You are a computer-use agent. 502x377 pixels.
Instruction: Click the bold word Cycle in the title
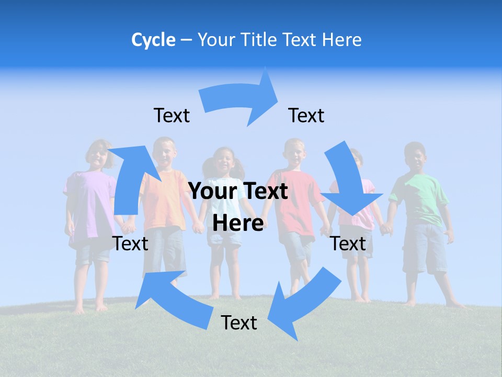pyautogui.click(x=153, y=40)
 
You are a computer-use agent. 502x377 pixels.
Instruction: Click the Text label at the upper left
pyautogui.click(x=172, y=115)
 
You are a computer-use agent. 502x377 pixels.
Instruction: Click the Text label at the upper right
pyautogui.click(x=306, y=115)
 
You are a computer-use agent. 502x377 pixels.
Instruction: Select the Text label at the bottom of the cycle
pyautogui.click(x=239, y=323)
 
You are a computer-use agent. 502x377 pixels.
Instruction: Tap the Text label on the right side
pyautogui.click(x=348, y=243)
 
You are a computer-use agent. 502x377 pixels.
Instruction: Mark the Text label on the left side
pyautogui.click(x=130, y=243)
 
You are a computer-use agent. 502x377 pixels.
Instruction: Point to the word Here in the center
pyautogui.click(x=238, y=223)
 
